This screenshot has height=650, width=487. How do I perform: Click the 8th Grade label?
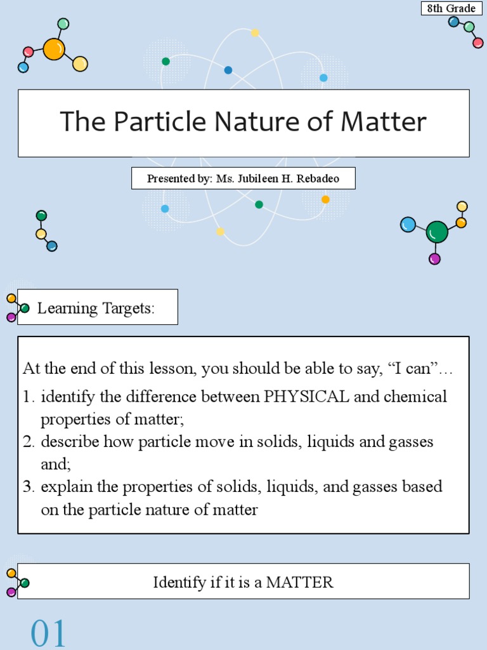[452, 9]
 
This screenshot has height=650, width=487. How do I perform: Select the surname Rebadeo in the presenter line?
[316, 179]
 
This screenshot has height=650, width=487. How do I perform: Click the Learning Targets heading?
[96, 308]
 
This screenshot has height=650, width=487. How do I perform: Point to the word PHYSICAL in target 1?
[307, 397]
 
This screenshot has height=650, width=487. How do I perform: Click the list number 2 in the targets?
[28, 442]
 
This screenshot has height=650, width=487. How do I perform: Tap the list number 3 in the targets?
[28, 487]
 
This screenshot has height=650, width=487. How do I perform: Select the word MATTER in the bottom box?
[300, 582]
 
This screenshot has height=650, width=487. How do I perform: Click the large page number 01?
[48, 634]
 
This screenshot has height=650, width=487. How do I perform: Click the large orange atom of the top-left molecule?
[54, 49]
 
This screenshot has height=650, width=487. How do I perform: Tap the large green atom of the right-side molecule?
[437, 232]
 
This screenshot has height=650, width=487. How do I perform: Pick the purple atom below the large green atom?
[434, 259]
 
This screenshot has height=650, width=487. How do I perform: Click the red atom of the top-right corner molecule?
[478, 43]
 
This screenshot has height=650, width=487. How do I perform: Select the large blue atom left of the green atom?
[408, 224]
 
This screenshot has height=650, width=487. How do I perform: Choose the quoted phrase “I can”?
[413, 368]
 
